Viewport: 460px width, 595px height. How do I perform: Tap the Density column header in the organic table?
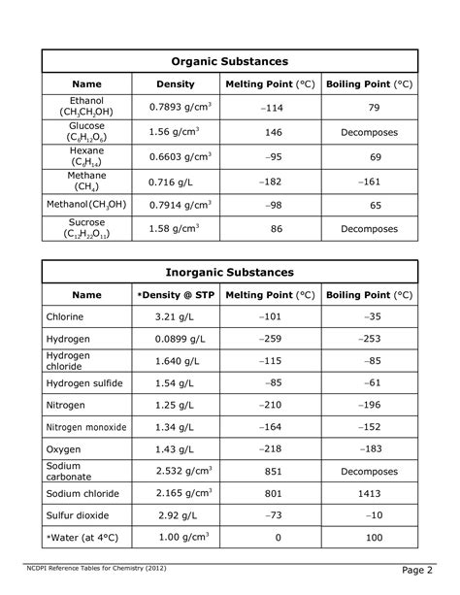click(x=175, y=84)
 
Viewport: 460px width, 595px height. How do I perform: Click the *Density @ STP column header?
click(x=175, y=294)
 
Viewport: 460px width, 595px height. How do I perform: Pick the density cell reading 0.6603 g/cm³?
click(x=175, y=157)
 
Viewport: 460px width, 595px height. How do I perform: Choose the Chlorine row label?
click(x=65, y=316)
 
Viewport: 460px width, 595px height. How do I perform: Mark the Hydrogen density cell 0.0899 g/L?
click(x=175, y=339)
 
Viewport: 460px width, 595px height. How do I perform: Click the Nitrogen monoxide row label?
click(x=86, y=427)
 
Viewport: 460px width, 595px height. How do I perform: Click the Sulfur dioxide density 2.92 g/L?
click(x=175, y=515)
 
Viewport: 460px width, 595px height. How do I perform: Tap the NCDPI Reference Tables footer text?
click(x=94, y=568)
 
